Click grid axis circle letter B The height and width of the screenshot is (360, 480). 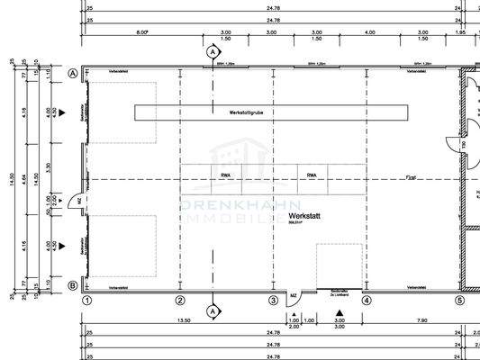tap(71, 286)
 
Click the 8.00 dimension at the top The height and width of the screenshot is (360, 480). tap(142, 31)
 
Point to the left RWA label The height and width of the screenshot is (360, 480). tap(223, 175)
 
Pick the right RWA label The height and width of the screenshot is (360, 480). tap(311, 175)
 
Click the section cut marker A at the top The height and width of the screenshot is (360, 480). tap(213, 53)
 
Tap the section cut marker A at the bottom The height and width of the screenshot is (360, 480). tap(213, 311)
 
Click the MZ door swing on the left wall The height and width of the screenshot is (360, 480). tap(80, 200)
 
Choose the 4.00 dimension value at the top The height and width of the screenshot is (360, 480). tap(370, 31)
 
